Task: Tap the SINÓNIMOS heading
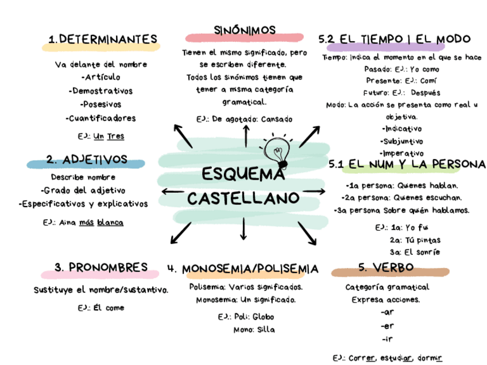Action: click(245, 30)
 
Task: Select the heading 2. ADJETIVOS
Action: click(87, 159)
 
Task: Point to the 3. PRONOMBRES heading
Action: click(101, 267)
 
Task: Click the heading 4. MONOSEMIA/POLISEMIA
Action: click(242, 269)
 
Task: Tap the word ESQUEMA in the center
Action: click(243, 174)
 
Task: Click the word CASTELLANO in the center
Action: click(243, 198)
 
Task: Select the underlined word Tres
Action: click(116, 136)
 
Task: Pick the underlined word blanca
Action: click(110, 222)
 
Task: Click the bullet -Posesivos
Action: click(101, 104)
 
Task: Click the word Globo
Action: click(263, 316)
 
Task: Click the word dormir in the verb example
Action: click(430, 357)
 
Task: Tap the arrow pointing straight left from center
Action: click(172, 191)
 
